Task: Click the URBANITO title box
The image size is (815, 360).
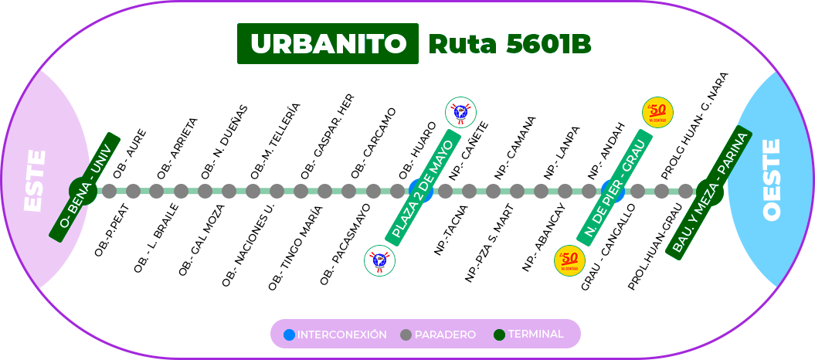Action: point(328,44)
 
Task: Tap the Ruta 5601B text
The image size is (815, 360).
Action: point(509,45)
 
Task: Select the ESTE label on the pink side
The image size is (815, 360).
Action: point(36,181)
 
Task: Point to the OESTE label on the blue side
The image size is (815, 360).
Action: point(772,179)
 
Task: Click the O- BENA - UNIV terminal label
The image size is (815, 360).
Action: point(85,187)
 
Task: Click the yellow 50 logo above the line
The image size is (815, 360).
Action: point(657,113)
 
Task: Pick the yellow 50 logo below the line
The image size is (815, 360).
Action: point(569,260)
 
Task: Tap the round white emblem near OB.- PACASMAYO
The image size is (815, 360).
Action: point(379,260)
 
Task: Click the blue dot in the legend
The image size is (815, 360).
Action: point(289,335)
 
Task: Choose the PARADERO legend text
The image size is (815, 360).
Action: point(445,335)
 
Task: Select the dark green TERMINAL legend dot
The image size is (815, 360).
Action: point(499,335)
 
